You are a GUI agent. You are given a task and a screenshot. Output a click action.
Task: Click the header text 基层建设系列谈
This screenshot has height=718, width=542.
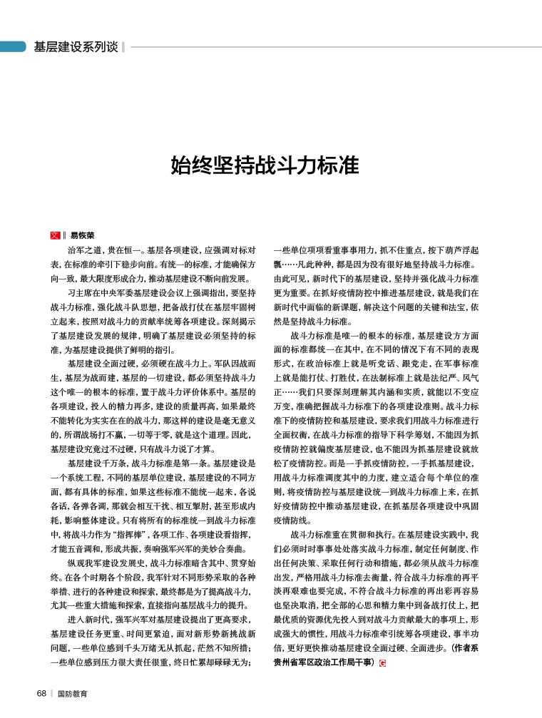point(76,47)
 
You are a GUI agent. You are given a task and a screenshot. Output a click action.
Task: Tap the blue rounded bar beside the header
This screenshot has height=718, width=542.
point(13,47)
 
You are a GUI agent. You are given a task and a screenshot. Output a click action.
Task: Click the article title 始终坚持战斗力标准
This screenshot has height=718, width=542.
point(265,166)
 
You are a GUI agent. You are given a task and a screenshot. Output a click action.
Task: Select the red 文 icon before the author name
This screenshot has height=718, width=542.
point(54,235)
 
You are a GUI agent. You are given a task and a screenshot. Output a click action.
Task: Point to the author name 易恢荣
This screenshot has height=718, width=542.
point(82,235)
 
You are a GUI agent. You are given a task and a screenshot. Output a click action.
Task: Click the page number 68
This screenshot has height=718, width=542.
point(42,692)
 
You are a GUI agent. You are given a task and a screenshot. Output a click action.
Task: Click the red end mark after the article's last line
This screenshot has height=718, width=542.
point(382,663)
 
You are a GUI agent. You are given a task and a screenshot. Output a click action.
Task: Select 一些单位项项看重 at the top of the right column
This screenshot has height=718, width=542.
point(309,250)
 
